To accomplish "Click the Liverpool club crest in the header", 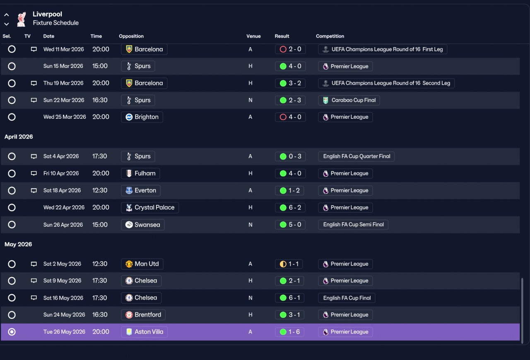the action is (x=21, y=19).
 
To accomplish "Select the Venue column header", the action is (x=253, y=36).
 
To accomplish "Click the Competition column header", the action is (x=330, y=36).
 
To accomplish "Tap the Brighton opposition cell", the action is (x=142, y=117).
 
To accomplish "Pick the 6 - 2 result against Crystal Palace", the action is (x=290, y=207).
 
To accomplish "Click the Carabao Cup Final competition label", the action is (x=349, y=100).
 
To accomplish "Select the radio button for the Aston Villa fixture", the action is (x=12, y=332).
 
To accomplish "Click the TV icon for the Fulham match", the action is (x=34, y=173).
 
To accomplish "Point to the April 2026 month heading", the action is (x=19, y=137).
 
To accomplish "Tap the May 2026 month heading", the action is (x=18, y=244).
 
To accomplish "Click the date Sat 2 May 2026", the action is (x=62, y=264).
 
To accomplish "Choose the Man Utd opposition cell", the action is (x=142, y=264).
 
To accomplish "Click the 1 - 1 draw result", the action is (x=289, y=264).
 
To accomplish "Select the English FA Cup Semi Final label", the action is (x=353, y=224).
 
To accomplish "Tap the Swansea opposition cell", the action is (x=143, y=224).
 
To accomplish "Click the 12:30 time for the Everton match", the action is (x=100, y=190).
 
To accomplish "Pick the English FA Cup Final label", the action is (x=347, y=298).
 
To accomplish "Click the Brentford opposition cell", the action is (x=143, y=315).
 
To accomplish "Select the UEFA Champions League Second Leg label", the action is (x=386, y=83).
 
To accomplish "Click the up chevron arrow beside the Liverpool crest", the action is (x=7, y=15).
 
